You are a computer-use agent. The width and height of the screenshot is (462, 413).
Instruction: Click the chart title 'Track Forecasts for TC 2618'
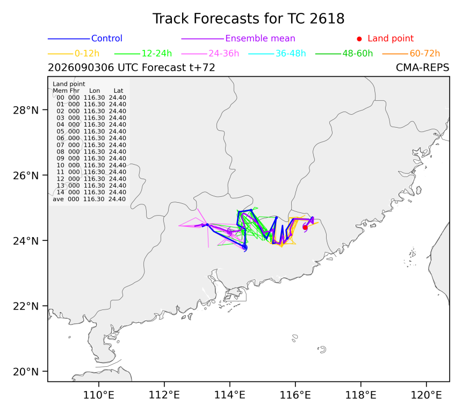tap(248, 19)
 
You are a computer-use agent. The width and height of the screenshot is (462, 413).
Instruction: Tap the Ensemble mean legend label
tap(260, 38)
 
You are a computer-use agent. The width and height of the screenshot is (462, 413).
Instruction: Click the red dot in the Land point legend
tap(359, 39)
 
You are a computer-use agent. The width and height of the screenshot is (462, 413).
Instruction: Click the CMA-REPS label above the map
tap(423, 68)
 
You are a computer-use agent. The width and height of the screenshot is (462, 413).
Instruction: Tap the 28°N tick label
tap(26, 110)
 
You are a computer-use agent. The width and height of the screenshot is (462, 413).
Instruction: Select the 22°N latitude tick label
tap(26, 306)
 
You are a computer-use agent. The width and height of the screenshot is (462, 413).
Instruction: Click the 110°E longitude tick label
tap(99, 395)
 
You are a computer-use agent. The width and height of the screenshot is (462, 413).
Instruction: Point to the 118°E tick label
tap(360, 395)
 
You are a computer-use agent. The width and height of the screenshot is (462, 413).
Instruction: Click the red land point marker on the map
tap(305, 227)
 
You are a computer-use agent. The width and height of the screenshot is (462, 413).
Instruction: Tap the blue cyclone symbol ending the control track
tap(244, 247)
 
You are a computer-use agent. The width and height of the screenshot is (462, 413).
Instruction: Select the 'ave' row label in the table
tap(58, 199)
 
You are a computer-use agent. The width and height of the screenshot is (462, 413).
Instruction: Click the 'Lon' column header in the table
tap(95, 91)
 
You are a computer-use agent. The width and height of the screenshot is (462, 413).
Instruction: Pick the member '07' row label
tap(60, 145)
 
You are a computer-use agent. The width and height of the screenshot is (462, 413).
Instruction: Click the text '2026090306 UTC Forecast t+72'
tap(132, 68)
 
